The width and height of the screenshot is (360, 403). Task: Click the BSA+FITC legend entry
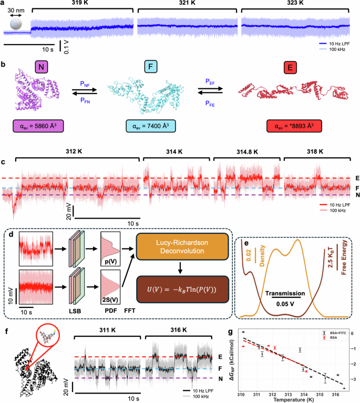coord(328,333)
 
